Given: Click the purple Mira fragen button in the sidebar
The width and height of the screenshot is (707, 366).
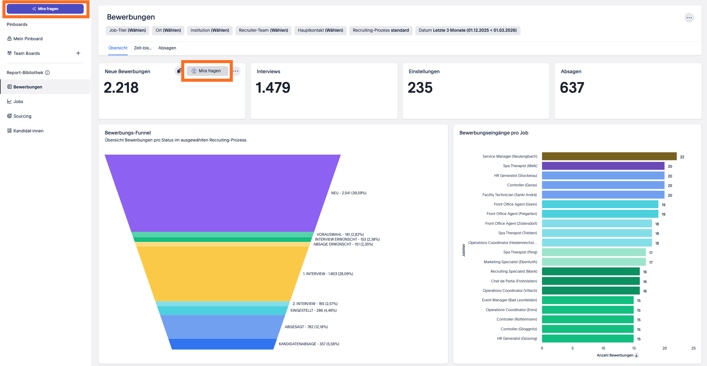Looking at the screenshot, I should [45, 9].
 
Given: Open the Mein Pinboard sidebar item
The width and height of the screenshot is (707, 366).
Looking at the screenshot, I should [28, 39].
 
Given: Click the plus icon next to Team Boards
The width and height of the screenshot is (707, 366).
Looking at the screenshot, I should [78, 53].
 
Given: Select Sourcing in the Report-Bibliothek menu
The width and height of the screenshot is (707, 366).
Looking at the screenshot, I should [22, 116].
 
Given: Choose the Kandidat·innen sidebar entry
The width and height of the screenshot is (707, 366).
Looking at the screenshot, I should [28, 131].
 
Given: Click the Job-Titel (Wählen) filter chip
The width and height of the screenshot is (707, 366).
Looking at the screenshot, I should [127, 30].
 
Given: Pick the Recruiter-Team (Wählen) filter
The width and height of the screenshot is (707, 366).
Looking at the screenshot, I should [263, 30].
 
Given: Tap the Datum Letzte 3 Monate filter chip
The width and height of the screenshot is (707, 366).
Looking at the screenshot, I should [467, 30].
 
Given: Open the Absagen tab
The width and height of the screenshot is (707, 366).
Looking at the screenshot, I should [167, 48].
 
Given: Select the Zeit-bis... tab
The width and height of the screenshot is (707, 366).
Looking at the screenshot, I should [143, 48].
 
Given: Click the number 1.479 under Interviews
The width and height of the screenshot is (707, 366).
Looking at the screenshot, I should [273, 88].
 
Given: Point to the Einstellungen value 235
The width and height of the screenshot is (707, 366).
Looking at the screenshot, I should [420, 88].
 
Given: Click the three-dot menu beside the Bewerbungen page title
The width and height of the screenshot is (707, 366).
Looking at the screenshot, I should [689, 18].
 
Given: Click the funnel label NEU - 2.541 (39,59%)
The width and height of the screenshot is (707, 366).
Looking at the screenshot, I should [349, 193].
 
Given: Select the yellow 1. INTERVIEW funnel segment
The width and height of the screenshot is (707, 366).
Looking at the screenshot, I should [222, 274].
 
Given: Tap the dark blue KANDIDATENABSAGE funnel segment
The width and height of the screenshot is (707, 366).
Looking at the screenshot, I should [222, 344].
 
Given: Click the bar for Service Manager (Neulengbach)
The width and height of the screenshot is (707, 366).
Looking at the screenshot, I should [609, 156].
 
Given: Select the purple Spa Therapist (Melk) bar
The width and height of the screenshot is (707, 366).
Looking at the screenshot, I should [603, 166].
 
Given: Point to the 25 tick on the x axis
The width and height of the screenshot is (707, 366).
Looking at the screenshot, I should [693, 348].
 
